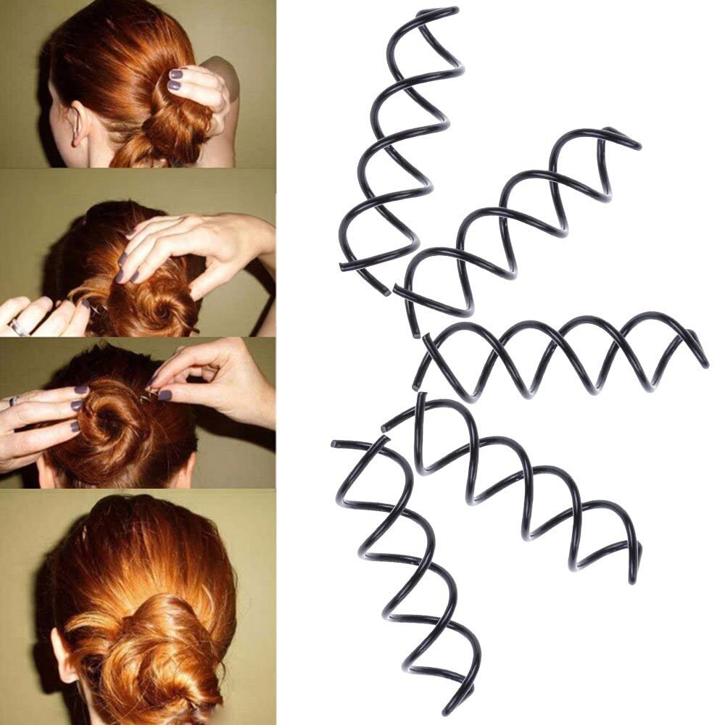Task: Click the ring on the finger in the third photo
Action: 13,400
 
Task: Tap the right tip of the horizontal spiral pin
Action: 705,362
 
